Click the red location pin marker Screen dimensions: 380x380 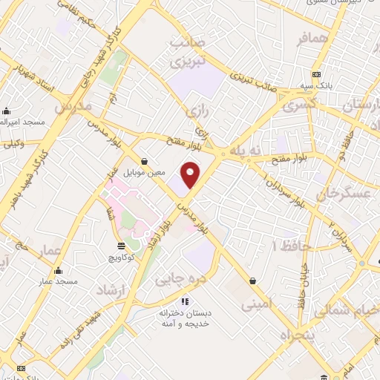pyautogui.click(x=191, y=174)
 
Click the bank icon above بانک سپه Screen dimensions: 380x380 pyautogui.click(x=317, y=75)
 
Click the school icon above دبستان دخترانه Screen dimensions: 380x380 pyautogui.click(x=185, y=301)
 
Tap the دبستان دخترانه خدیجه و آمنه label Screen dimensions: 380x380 pyautogui.click(x=186, y=319)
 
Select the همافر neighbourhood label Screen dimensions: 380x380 pyautogui.click(x=311, y=40)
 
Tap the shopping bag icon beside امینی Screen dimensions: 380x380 pyautogui.click(x=255, y=281)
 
